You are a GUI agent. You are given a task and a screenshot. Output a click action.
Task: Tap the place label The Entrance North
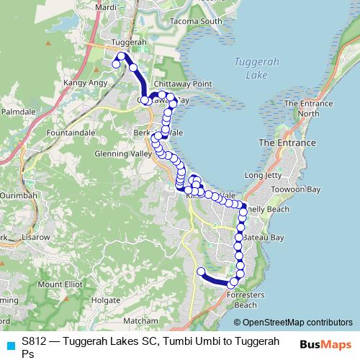302,109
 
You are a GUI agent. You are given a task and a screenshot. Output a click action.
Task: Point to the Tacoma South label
197,22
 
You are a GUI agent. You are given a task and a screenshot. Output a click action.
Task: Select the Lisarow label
35,236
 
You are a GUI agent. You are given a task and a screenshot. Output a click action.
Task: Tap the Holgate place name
105,300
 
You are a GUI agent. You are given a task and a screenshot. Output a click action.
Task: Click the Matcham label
140,320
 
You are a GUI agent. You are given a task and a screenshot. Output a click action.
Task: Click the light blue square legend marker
9,344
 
